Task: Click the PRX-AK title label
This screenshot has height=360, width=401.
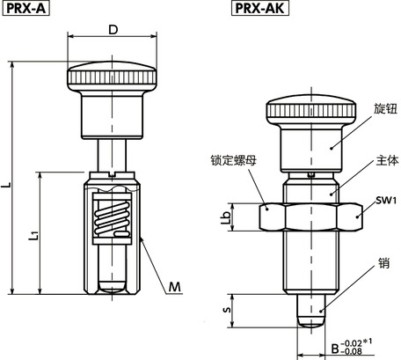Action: (260, 10)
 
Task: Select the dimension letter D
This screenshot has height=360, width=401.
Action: (112, 30)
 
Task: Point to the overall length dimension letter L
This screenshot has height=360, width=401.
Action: (6, 186)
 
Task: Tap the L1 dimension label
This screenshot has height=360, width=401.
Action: (34, 235)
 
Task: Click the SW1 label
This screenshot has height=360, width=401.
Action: (384, 201)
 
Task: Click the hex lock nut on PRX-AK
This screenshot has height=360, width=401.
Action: (311, 214)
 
